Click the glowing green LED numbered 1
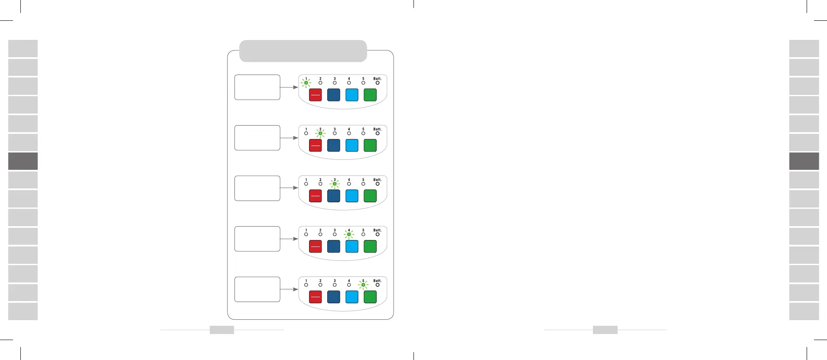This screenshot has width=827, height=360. point(306,83)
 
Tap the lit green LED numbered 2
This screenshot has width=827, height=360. point(320,133)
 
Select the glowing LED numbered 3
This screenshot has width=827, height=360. point(335,184)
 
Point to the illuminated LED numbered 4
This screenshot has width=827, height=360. point(349,234)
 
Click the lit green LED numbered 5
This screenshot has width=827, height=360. point(363,285)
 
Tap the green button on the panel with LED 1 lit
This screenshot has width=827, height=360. point(370,95)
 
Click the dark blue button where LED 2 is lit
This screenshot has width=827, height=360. point(333,146)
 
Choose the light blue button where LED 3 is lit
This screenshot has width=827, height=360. point(352,196)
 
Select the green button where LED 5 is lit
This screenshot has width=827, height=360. point(370,297)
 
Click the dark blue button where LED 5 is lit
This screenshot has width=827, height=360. point(333,297)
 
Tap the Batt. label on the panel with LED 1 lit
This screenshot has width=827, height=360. point(378,78)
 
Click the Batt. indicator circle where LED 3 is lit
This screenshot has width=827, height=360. point(378,184)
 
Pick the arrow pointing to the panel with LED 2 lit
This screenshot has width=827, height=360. point(290,138)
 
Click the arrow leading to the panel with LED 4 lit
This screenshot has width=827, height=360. point(290,239)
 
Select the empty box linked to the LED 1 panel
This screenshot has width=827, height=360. point(257,87)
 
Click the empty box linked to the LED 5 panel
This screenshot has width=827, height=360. point(257,289)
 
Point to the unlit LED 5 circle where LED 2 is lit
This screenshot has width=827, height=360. point(363,133)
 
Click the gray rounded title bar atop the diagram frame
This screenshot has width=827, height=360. point(303,51)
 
